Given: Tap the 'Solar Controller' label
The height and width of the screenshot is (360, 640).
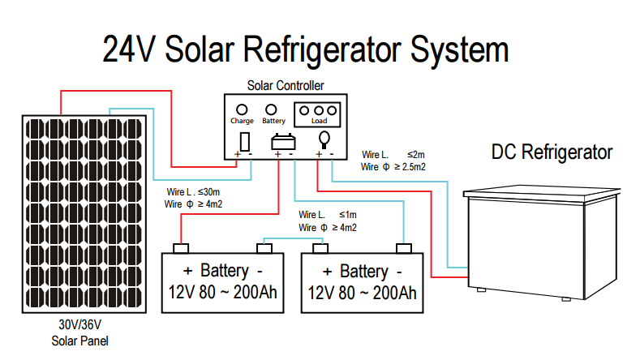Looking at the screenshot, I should tap(286, 85).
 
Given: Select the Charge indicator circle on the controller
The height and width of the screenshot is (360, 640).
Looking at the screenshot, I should tap(241, 109).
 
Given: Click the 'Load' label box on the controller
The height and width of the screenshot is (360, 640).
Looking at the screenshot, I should tap(319, 122).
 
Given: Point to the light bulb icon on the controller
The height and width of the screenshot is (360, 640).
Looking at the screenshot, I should tap(324, 139).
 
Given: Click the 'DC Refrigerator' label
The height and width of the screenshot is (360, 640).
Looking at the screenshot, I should tap(552, 152).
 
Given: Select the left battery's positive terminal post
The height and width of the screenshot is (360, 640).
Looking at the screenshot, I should tap(183, 248).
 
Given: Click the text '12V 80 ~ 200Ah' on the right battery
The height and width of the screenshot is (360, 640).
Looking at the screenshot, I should tap(362, 293).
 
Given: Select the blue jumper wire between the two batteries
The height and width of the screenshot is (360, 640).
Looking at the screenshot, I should tap(292, 239).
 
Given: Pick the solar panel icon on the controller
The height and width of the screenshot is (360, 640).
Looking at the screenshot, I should tap(245, 139).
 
